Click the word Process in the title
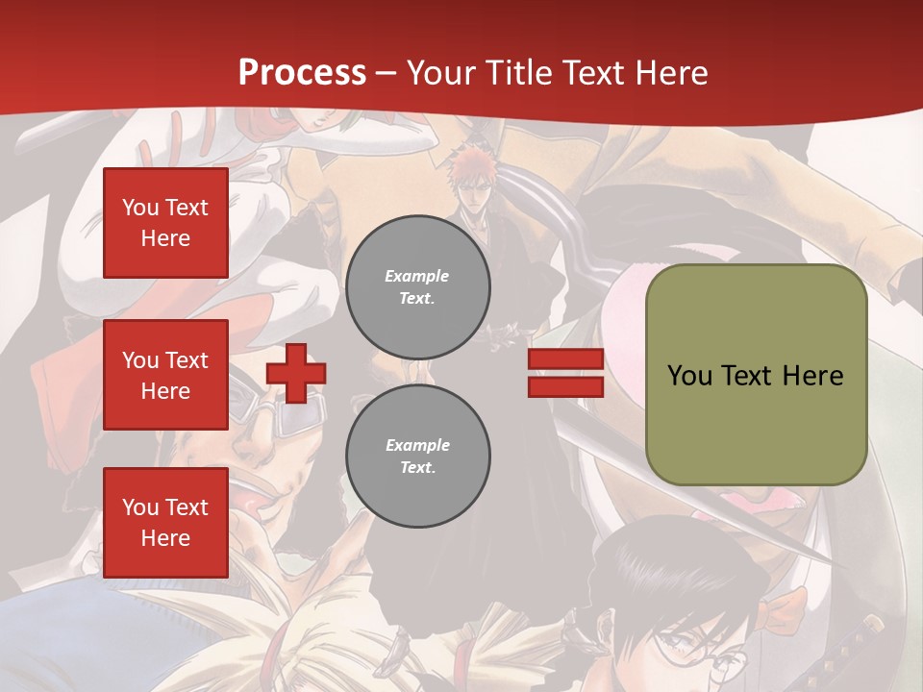(x=302, y=72)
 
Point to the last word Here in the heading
(x=670, y=72)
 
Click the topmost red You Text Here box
(x=165, y=223)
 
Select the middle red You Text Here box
(x=165, y=375)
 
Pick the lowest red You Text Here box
(x=165, y=523)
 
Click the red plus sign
(x=296, y=373)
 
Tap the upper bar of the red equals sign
(x=565, y=359)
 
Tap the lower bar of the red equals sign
(x=565, y=386)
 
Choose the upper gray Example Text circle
(x=417, y=286)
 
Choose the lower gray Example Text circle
(x=417, y=456)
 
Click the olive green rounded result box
(x=756, y=375)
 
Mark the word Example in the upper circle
(x=417, y=276)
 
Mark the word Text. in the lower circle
(x=417, y=467)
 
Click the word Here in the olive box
(x=812, y=376)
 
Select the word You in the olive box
(x=689, y=376)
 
